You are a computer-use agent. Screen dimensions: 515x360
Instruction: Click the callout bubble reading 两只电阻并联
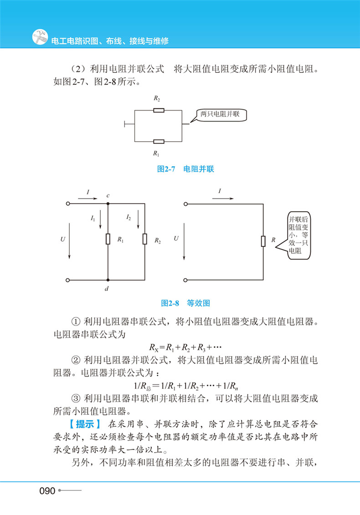pos(220,114)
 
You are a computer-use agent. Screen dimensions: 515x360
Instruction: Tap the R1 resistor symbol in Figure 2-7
pos(158,141)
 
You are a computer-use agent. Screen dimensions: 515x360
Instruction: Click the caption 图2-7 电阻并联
pos(185,169)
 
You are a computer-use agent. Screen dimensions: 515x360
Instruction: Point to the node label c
pos(108,196)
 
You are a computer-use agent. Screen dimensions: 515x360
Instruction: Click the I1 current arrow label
pos(93,219)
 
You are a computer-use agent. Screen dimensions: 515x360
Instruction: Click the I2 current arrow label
pos(129,219)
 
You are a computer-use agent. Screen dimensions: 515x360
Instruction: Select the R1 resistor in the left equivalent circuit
pos(108,239)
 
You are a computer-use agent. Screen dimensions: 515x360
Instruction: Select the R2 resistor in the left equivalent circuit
pos(144,239)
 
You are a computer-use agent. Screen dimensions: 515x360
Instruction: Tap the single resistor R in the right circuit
pos(263,241)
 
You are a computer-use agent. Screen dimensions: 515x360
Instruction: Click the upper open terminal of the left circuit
pos(68,204)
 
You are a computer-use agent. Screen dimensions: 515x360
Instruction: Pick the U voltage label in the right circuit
pos(176,238)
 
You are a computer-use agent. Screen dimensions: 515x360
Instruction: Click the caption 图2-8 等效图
pos(185,302)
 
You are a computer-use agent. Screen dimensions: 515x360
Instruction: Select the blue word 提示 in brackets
pos(85,424)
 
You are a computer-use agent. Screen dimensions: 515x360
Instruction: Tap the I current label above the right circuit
pos(220,192)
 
